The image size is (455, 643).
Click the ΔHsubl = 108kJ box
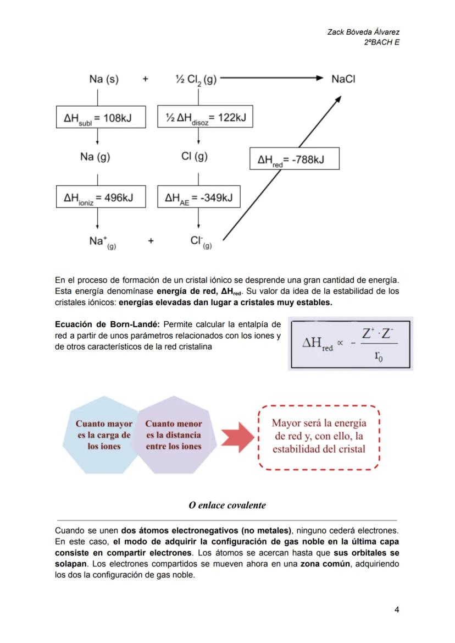coord(101,117)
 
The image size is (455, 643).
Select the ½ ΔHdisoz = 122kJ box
coord(205,117)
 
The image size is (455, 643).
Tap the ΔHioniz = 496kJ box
coord(101,197)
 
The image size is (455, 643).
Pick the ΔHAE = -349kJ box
coord(199,197)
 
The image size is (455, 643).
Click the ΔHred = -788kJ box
coord(294,159)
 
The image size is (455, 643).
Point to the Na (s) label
coord(103,79)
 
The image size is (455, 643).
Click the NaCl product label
coord(343,79)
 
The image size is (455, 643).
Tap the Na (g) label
coord(95,157)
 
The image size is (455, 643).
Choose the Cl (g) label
coord(194,157)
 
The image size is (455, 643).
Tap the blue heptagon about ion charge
coord(104,435)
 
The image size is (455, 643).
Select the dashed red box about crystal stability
coord(319,437)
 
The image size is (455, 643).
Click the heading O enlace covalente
coord(227,505)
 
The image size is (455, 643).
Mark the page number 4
coord(396,609)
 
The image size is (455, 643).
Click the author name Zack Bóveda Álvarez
coord(363,32)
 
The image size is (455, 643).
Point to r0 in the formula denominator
coord(379,356)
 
